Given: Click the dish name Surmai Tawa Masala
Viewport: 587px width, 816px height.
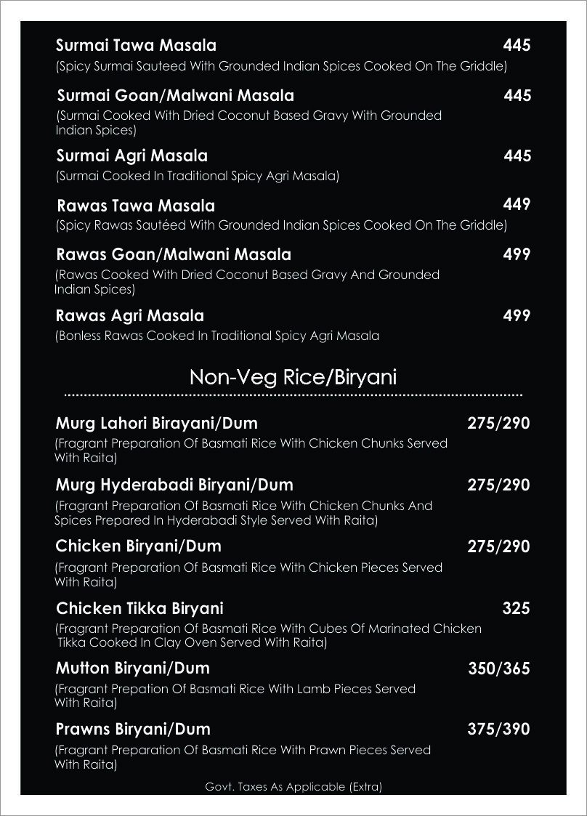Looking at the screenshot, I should point(136,46).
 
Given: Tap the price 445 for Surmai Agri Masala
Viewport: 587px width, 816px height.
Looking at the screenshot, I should point(517,155).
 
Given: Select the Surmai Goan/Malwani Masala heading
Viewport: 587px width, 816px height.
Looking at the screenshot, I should point(175,96).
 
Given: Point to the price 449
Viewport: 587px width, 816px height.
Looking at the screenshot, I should point(517,204).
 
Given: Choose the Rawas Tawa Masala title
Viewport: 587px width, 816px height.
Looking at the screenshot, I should point(135,206).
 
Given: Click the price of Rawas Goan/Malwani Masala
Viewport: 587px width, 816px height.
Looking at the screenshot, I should point(517,254).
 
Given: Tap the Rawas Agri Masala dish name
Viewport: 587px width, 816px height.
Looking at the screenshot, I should point(129,315).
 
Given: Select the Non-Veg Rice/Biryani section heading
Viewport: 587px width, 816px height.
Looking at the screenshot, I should point(293,377).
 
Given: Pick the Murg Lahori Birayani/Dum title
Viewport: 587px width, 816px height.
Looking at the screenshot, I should point(156,423).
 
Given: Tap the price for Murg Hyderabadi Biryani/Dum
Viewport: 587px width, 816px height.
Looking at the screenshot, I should point(498,485).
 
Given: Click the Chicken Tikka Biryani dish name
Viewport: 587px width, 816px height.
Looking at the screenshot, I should point(139,608).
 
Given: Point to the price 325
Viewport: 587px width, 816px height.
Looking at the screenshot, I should point(516,608).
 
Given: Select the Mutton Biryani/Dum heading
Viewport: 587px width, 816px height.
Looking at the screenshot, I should point(132,668).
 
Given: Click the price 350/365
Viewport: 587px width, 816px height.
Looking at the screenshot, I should point(498,668).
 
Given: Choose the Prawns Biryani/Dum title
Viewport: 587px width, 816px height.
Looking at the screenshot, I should point(133,729).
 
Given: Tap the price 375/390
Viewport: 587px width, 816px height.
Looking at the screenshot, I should point(498,730).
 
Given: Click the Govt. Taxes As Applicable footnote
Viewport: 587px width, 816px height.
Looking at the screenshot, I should point(293,786).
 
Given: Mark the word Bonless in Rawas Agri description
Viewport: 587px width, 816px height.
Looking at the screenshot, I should point(81,336).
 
